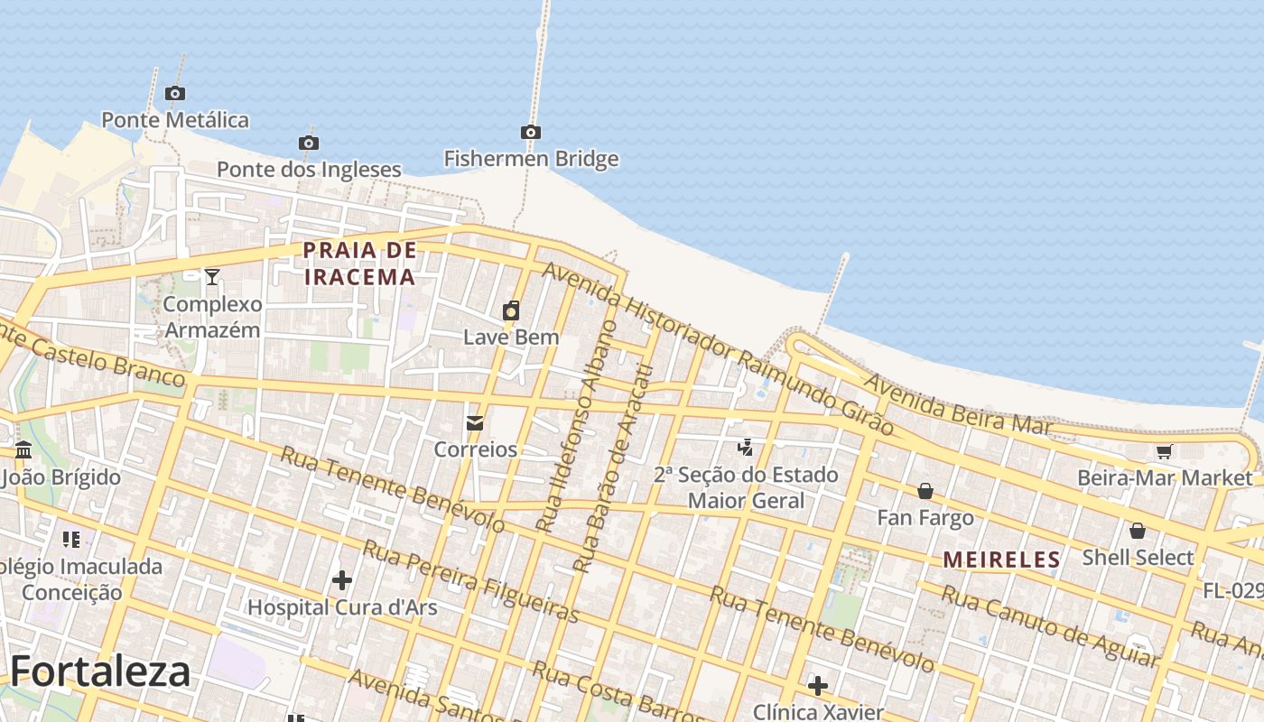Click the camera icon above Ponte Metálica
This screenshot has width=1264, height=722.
tap(175, 93)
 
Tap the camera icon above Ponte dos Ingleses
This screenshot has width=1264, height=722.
tap(308, 143)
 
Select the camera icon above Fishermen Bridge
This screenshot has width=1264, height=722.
tap(531, 133)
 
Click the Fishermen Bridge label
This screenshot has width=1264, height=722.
tap(531, 159)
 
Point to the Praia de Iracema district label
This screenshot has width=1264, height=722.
tap(359, 263)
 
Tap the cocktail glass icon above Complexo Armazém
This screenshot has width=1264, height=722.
tap(212, 276)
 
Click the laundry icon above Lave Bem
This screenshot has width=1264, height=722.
tap(511, 311)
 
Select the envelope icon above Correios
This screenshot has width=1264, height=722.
tap(475, 422)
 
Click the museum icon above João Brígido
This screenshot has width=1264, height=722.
tap(23, 449)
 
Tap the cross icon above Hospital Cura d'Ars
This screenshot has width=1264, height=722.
tap(342, 579)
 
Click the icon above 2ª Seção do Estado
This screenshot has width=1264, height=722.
tap(746, 447)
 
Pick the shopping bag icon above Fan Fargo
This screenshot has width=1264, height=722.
tap(925, 491)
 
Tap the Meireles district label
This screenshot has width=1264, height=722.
tap(1001, 560)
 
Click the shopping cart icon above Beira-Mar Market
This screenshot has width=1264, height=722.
tap(1165, 451)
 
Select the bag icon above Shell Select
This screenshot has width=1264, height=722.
tap(1138, 531)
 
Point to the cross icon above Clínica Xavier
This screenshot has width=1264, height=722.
tap(817, 686)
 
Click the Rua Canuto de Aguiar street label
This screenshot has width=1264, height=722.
tap(1049, 625)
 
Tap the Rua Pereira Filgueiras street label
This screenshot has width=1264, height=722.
tap(470, 581)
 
